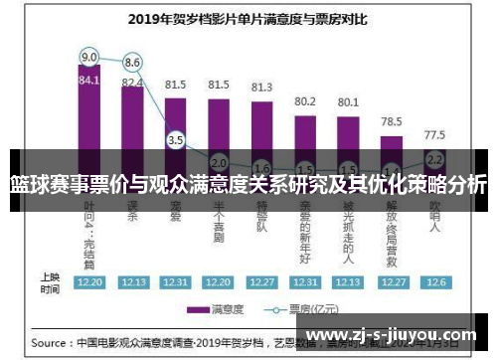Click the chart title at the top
(248, 17)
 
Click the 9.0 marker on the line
(89, 56)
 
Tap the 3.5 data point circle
(176, 140)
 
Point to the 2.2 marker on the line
(434, 158)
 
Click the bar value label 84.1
(89, 81)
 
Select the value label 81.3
(261, 88)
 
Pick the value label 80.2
(305, 101)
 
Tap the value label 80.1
(348, 101)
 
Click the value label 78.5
(391, 121)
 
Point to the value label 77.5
(434, 134)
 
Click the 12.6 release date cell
(434, 281)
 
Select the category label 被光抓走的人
(348, 228)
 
